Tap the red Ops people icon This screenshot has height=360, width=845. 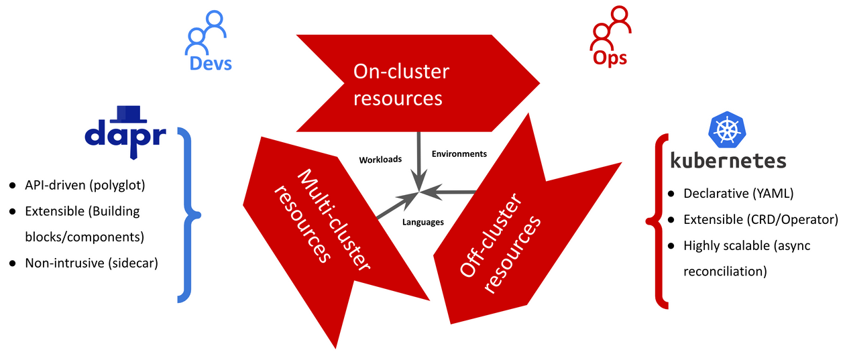611,33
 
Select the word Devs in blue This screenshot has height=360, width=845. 211,63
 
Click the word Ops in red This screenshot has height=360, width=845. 610,58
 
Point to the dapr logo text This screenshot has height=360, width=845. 125,134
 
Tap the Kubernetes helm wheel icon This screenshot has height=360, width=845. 728,130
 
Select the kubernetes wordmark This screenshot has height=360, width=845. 728,162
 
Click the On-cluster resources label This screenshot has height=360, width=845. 401,84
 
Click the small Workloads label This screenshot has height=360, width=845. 380,160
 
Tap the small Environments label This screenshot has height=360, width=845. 459,154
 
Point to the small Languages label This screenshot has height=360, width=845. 422,222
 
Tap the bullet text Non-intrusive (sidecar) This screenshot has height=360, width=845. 91,263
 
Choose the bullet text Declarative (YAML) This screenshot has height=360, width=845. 738,194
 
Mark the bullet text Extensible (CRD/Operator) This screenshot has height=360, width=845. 760,219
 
